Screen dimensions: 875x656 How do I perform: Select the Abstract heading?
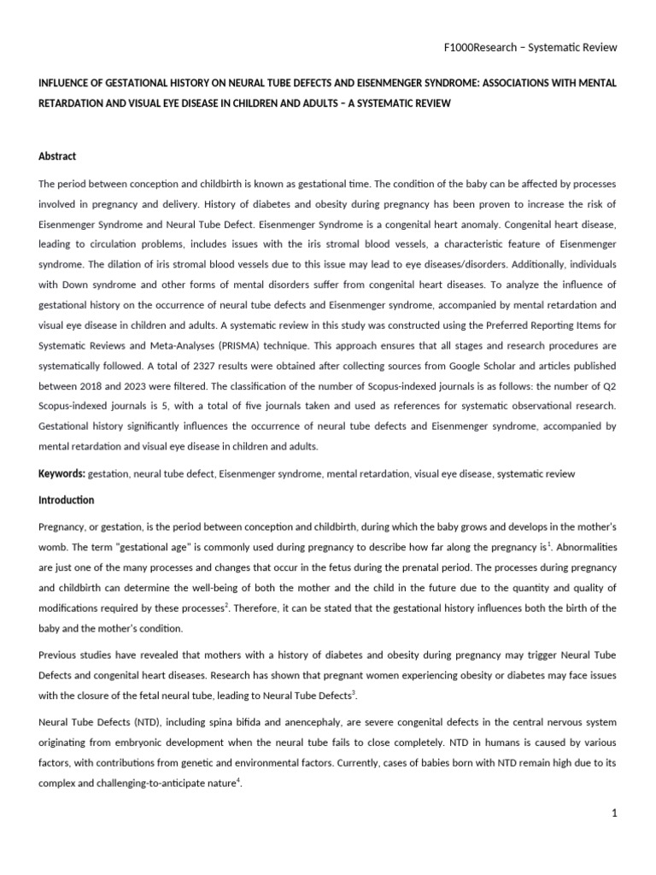(57, 156)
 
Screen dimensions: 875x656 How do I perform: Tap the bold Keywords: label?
(61, 473)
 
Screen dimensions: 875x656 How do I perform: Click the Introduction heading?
(66, 500)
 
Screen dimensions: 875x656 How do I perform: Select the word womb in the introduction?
(53, 547)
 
